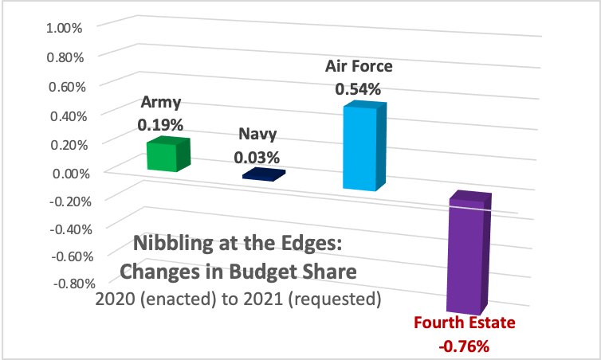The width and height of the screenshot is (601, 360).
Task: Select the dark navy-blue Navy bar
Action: (x=263, y=174)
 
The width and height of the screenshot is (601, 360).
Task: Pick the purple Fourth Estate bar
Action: (x=468, y=254)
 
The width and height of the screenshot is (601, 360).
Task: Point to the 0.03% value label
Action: (x=257, y=157)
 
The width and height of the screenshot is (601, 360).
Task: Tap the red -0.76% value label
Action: (x=463, y=346)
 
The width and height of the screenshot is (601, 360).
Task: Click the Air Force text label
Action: (x=359, y=66)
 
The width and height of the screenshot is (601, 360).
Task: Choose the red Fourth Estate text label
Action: (x=465, y=323)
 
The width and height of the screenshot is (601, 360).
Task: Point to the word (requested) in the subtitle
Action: (x=340, y=300)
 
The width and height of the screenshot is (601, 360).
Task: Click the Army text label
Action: (x=161, y=102)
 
